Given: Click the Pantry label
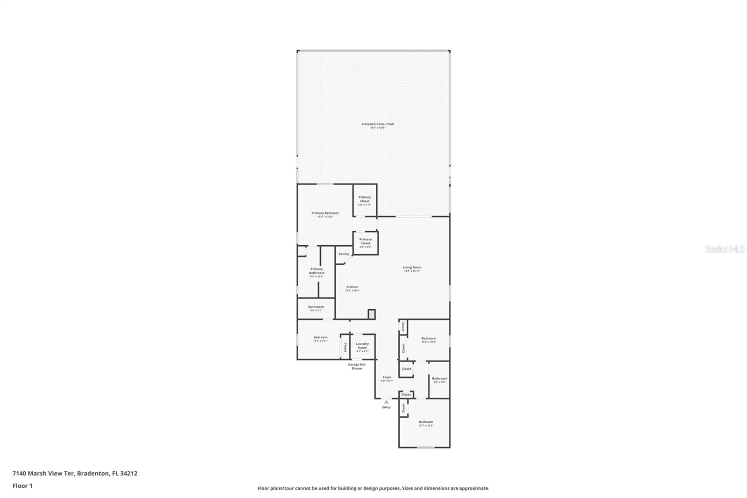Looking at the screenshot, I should [x=344, y=254].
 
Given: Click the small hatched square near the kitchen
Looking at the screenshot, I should [x=372, y=314].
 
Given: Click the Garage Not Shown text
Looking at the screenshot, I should [x=357, y=366].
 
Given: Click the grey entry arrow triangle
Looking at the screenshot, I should [x=386, y=401].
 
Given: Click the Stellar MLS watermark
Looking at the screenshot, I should [x=725, y=249].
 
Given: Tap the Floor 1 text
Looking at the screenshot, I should [x=22, y=486].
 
